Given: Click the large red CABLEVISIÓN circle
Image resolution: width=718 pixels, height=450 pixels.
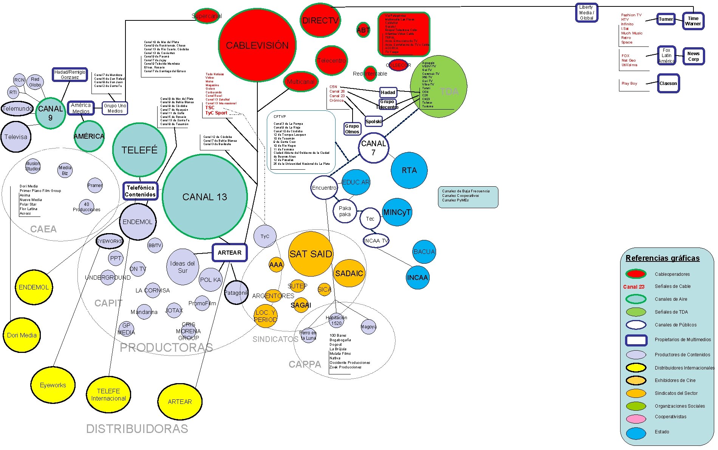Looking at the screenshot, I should [x=257, y=45].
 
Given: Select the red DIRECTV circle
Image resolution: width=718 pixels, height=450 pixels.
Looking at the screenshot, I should [x=320, y=20].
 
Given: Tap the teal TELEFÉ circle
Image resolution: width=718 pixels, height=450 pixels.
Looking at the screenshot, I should [x=139, y=150].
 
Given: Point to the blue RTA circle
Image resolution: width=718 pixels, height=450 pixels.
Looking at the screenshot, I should [x=409, y=170].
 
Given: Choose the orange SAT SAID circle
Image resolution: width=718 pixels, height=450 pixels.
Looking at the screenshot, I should [x=311, y=254].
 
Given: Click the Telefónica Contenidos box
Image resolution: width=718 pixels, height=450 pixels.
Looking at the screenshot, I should [x=140, y=191].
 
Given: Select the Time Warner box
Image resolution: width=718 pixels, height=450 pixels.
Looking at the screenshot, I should [x=693, y=21].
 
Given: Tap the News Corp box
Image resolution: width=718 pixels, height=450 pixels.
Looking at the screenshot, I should [x=693, y=56].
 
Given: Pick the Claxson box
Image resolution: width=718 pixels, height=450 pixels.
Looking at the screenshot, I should [x=668, y=84].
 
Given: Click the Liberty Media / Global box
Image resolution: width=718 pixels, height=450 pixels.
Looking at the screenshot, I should [x=586, y=12].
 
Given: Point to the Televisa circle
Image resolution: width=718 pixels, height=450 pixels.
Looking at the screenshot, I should [x=16, y=137].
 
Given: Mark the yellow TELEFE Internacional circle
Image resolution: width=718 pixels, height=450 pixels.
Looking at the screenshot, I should [x=108, y=395].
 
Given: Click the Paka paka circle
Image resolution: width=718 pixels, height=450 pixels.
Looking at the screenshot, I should [x=345, y=211].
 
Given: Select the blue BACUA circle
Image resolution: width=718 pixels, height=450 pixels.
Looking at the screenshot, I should [x=424, y=252].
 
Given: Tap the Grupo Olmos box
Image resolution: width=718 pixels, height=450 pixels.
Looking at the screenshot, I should [x=352, y=129].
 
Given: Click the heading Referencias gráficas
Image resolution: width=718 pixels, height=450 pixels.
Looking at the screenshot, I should [x=662, y=258].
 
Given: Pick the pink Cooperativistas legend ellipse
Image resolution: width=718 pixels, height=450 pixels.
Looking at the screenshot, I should [x=636, y=419].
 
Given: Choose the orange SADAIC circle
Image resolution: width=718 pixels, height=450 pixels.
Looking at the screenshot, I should [x=349, y=273].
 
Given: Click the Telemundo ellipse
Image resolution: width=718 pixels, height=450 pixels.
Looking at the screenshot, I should [x=17, y=109].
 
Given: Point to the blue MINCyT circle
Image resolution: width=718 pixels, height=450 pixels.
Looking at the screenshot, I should [x=397, y=212].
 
